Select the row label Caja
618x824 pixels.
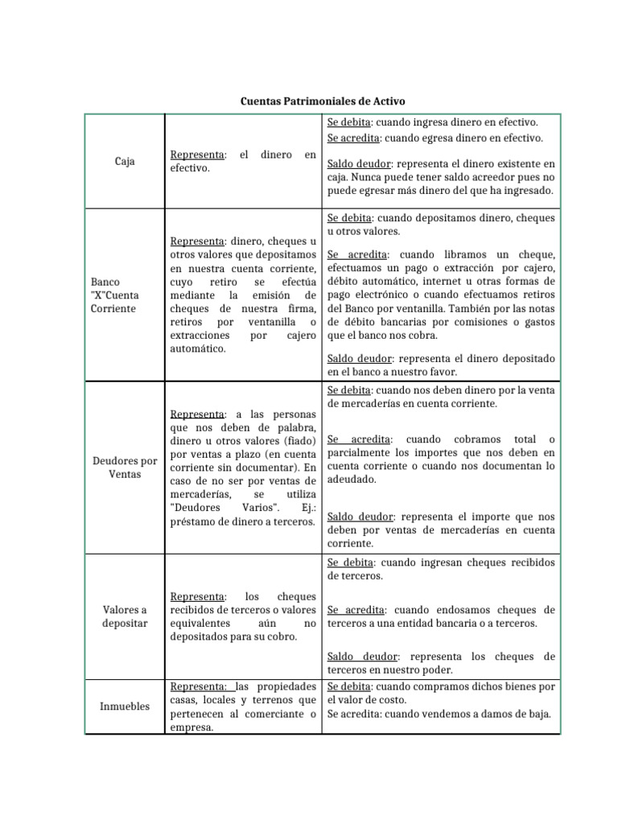click(x=125, y=161)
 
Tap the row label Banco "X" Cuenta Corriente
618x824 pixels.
click(x=113, y=295)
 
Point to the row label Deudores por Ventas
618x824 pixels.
click(x=124, y=468)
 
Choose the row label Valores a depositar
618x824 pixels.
click(x=125, y=616)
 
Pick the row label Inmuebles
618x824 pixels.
click(x=125, y=706)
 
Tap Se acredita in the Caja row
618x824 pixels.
click(x=355, y=138)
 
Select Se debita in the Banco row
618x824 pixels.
click(x=349, y=217)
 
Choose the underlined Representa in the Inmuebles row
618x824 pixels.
click(x=199, y=686)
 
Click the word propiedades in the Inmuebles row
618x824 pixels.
click(x=284, y=686)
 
